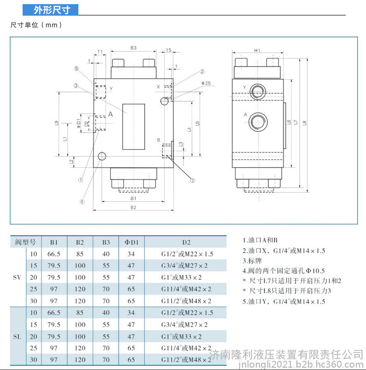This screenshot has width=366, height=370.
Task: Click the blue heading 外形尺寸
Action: pyautogui.click(x=52, y=10)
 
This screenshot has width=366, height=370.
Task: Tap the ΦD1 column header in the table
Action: pyautogui.click(x=131, y=242)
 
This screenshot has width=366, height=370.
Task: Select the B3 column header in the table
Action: pyautogui.click(x=106, y=242)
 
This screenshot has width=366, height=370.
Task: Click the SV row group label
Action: pyautogui.click(x=17, y=277)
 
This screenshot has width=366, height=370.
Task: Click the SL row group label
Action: pyautogui.click(x=17, y=336)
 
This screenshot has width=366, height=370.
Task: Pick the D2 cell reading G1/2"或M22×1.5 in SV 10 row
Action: pyautogui.click(x=187, y=254)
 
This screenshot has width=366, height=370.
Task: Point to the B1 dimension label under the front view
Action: pyautogui.click(x=133, y=199)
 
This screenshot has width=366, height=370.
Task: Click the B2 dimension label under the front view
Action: pyautogui.click(x=133, y=207)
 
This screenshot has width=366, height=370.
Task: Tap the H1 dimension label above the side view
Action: pyautogui.click(x=257, y=51)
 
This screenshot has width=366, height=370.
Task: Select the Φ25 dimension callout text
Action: pyautogui.click(x=206, y=83)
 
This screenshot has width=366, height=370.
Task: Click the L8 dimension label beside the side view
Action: pyautogui.click(x=305, y=123)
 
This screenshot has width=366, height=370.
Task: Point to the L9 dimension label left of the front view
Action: pyautogui.click(x=56, y=123)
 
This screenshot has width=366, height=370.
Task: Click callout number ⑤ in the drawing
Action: pyautogui.click(x=76, y=69)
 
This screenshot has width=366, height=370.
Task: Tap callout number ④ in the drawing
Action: pyautogui.click(x=82, y=202)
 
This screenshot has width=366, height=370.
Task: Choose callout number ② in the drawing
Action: pyautogui.click(x=202, y=71)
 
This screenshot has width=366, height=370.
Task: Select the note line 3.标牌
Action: pyautogui.click(x=252, y=261)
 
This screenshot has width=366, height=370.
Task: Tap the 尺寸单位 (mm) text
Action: pyautogui.click(x=36, y=25)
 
